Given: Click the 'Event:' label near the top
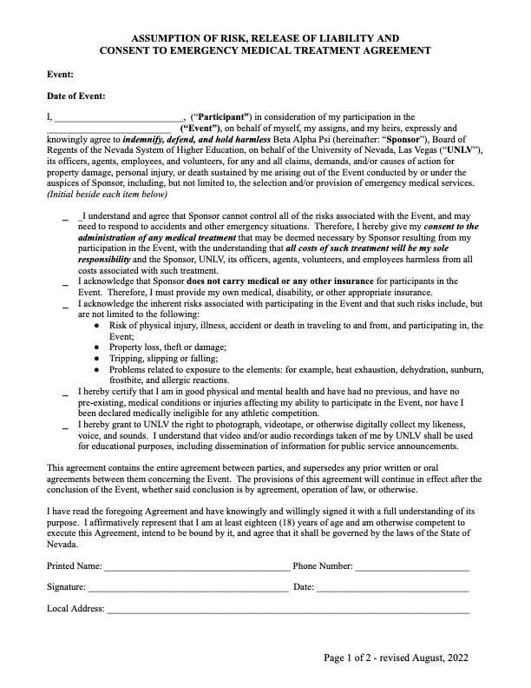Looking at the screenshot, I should [60, 76].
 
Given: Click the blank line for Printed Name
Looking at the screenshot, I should [197, 567].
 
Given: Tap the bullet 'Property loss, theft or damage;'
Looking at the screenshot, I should [167, 346].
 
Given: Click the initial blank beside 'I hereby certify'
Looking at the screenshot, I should [66, 394].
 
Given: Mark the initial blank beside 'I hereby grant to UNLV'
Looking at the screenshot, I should [66, 427].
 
